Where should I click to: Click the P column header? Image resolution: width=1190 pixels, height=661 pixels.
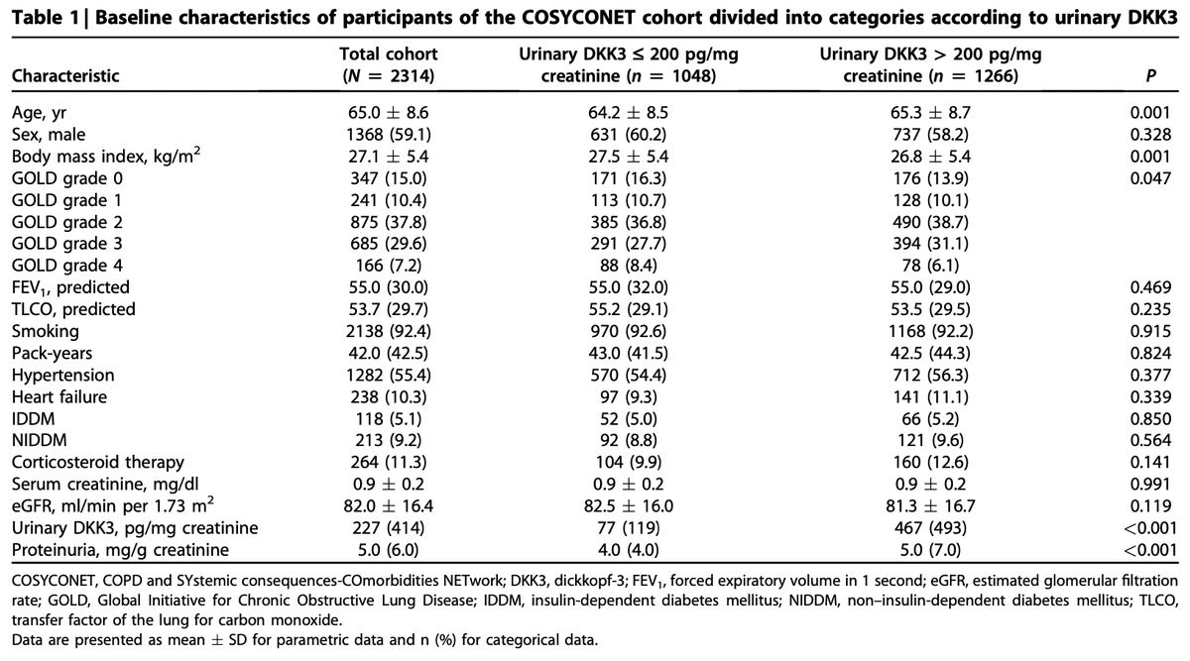[1150, 76]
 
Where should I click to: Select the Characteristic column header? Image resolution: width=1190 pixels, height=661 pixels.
[65, 76]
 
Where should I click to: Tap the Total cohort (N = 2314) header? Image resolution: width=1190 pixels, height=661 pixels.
[389, 64]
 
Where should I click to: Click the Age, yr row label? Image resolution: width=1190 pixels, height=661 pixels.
[39, 113]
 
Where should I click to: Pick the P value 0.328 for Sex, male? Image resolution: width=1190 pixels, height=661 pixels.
[1150, 135]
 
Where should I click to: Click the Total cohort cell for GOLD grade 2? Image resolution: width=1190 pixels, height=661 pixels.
[389, 222]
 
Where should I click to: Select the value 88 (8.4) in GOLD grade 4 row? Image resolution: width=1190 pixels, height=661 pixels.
[628, 266]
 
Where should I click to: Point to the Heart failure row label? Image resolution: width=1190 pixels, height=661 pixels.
[59, 396]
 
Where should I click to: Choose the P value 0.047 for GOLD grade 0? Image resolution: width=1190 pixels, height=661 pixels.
[1150, 178]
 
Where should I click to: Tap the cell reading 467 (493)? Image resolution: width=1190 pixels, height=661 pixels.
[930, 528]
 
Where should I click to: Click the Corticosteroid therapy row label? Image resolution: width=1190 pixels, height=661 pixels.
[98, 462]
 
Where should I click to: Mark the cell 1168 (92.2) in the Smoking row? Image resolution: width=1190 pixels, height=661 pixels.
[931, 331]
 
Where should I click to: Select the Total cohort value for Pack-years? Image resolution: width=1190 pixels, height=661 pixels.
[389, 353]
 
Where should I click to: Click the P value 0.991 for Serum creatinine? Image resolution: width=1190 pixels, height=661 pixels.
[1150, 485]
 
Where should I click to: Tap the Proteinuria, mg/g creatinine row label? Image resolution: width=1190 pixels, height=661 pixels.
[120, 549]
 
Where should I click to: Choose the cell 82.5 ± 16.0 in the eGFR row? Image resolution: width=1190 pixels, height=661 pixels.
[629, 506]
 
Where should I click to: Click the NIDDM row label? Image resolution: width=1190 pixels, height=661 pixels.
[40, 440]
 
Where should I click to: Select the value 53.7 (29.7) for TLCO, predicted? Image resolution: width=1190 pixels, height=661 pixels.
[389, 309]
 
